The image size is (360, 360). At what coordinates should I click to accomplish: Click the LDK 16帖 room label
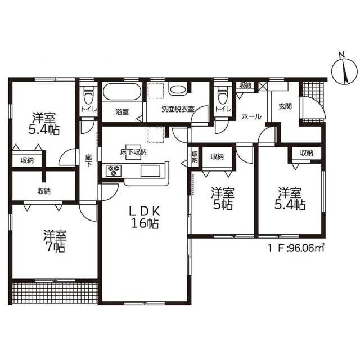pyautogui.click(x=145, y=218)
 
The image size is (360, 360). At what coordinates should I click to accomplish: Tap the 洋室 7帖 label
pyautogui.click(x=55, y=241)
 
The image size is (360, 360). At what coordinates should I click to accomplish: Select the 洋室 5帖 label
pyautogui.click(x=223, y=199)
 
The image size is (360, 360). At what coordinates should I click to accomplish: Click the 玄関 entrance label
pyautogui.click(x=285, y=106)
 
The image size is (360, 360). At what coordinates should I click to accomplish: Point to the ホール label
pyautogui.click(x=251, y=116)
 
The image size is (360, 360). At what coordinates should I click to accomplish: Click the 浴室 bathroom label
pyautogui.click(x=122, y=112)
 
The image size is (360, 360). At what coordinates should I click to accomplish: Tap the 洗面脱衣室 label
pyautogui.click(x=178, y=109)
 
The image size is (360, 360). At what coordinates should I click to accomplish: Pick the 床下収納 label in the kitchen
pyautogui.click(x=133, y=152)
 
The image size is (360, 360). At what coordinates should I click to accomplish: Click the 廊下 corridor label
pyautogui.click(x=89, y=160)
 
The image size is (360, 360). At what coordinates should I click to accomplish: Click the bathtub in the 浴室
pyautogui.click(x=122, y=92)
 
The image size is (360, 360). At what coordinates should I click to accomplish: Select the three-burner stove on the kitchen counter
pyautogui.click(x=114, y=170)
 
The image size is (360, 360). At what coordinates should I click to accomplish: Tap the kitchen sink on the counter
pyautogui.click(x=151, y=170)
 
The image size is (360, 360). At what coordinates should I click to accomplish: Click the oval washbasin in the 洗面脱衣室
pyautogui.click(x=178, y=89)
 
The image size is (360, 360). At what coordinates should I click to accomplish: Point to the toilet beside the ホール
pyautogui.click(x=222, y=95)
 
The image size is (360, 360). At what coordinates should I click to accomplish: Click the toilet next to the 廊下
pyautogui.click(x=88, y=95)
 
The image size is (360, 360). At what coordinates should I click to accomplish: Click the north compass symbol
pyautogui.click(x=344, y=71)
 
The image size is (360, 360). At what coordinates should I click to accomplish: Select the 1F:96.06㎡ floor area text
pyautogui.click(x=296, y=247)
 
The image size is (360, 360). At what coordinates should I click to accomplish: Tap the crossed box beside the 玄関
pyautogui.click(x=263, y=86)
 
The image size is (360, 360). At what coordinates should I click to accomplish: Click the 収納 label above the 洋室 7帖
pyautogui.click(x=44, y=191)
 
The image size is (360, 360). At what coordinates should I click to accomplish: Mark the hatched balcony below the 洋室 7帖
pyautogui.click(x=55, y=292)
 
